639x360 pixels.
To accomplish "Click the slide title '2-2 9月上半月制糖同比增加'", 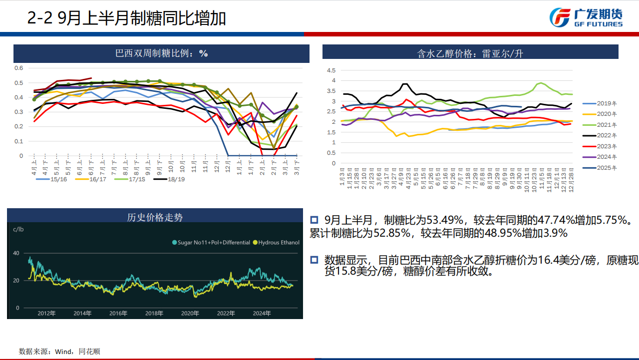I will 126,18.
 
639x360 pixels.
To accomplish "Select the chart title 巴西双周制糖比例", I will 161,53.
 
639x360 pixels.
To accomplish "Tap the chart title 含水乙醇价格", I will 470,53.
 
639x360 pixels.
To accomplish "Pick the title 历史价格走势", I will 155,217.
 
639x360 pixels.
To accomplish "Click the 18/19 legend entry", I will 175,179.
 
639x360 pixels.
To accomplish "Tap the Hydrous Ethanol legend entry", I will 276,243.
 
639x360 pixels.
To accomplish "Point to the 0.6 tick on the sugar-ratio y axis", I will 18,68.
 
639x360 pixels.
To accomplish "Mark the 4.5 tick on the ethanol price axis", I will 330,70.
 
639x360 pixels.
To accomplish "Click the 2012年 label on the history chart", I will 46,314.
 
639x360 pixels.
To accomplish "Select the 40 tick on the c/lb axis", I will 16,253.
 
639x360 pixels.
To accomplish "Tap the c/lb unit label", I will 18,229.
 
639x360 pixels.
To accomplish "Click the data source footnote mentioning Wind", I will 59,352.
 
